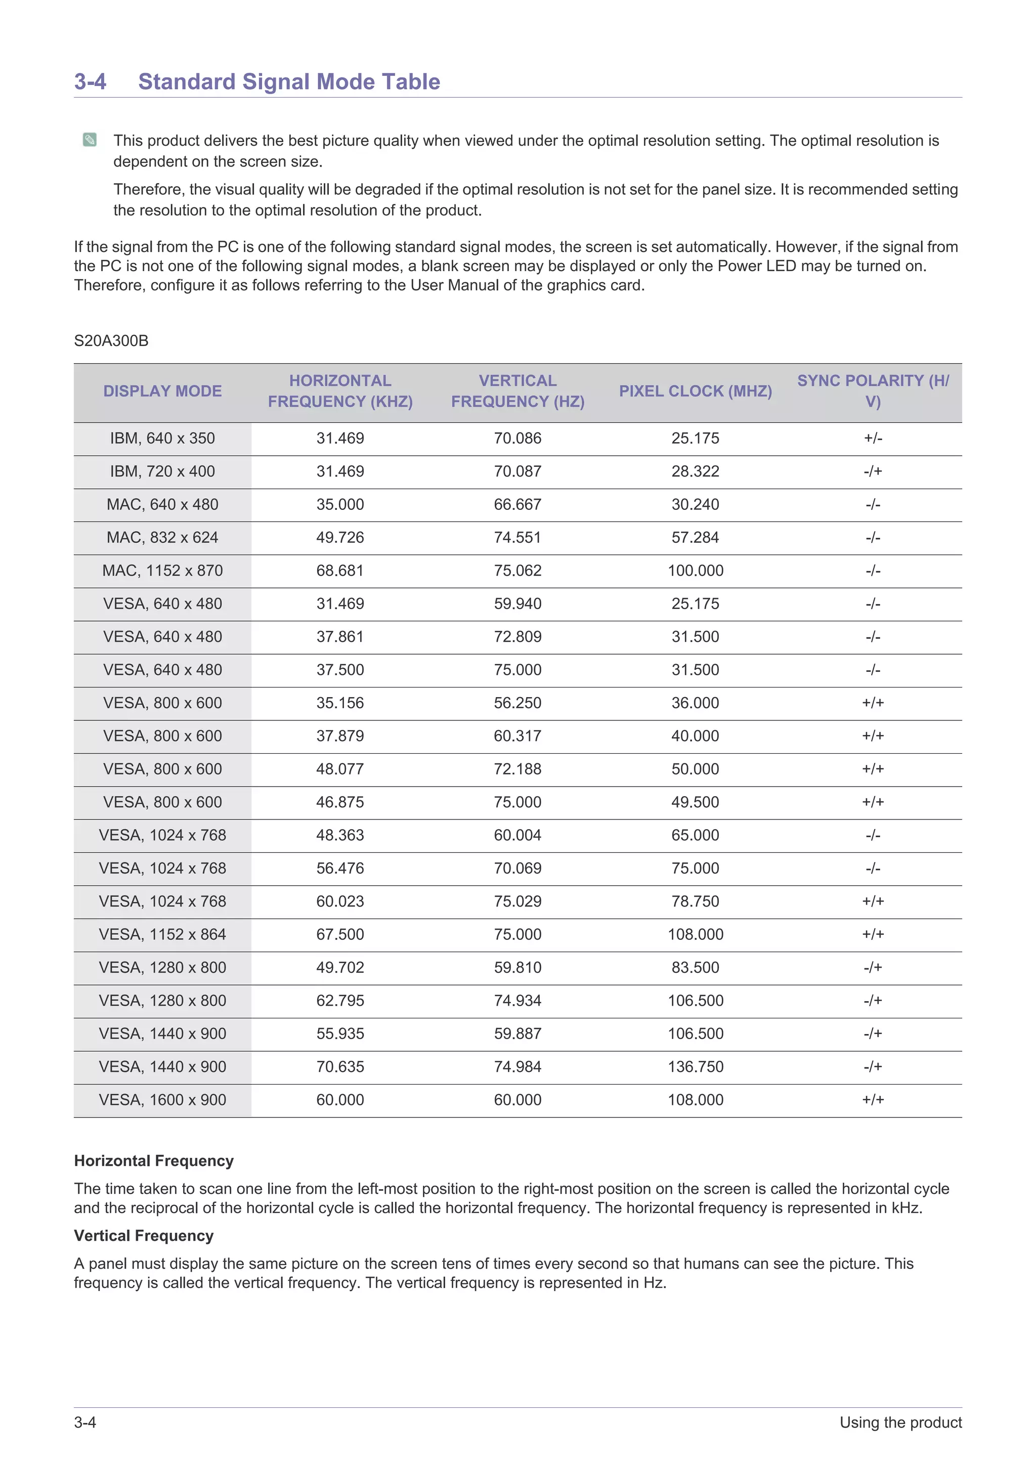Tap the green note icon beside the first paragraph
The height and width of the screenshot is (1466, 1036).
90,140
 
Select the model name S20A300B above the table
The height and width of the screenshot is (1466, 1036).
111,341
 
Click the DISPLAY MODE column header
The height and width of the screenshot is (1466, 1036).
162,392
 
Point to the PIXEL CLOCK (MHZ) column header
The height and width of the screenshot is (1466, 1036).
695,392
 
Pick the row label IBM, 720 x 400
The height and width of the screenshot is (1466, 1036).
162,472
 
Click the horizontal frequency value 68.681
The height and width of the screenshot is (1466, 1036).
340,571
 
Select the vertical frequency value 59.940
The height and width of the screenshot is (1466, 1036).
517,604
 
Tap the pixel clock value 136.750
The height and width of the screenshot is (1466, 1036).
695,1067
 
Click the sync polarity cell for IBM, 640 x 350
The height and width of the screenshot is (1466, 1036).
873,439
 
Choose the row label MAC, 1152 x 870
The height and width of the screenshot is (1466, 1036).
162,571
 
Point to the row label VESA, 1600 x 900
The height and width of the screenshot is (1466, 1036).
162,1100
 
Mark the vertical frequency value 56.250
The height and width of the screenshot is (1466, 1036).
517,703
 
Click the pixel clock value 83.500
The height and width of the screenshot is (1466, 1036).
695,968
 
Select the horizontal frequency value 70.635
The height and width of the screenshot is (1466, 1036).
340,1067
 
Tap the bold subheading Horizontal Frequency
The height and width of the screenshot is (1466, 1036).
154,1161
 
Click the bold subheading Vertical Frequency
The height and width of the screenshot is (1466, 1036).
144,1235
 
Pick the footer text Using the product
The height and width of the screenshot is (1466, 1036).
900,1422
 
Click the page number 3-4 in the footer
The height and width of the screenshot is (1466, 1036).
85,1422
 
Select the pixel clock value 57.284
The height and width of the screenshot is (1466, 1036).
695,538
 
